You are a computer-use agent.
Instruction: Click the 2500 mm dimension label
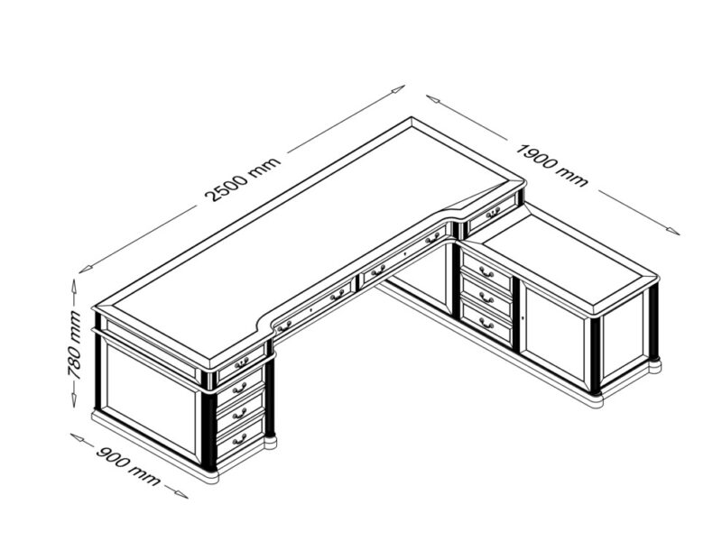243,179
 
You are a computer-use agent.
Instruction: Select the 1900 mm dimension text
552,165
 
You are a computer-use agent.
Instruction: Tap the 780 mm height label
74,344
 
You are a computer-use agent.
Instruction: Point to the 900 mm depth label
128,465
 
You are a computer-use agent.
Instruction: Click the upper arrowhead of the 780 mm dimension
74,286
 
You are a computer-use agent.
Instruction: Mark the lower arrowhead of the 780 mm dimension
74,400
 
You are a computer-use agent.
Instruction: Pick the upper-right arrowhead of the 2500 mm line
398,88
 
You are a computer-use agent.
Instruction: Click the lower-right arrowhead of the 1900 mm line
672,231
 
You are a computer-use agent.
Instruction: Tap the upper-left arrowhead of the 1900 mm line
433,98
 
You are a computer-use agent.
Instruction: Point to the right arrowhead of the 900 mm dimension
181,494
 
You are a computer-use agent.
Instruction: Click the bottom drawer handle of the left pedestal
239,441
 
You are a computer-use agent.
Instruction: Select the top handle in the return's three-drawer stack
486,273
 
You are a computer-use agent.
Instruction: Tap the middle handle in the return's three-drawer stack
486,299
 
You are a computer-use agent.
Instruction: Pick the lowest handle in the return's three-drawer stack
486,325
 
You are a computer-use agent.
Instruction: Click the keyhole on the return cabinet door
523,318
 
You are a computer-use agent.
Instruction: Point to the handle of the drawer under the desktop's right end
493,212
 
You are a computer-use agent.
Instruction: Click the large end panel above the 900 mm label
150,396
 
